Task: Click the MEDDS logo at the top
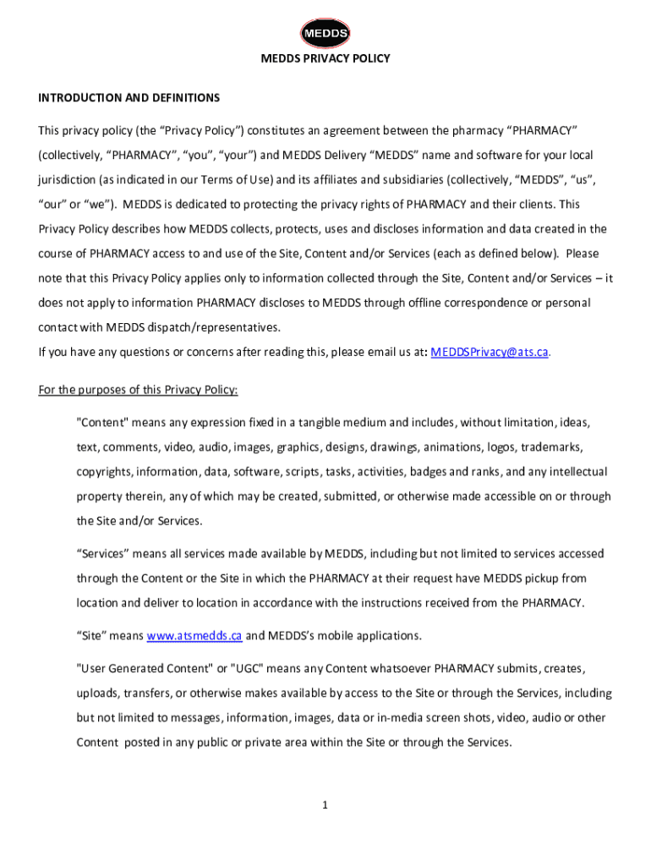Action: tap(325, 33)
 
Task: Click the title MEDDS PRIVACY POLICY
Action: tap(325, 58)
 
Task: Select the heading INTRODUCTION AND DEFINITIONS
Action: tap(129, 98)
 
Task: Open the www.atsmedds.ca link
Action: tap(194, 636)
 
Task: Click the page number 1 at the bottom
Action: tap(324, 805)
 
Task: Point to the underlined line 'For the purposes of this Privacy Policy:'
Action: tap(139, 390)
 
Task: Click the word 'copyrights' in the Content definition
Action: tap(104, 472)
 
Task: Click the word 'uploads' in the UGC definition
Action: tap(96, 693)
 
